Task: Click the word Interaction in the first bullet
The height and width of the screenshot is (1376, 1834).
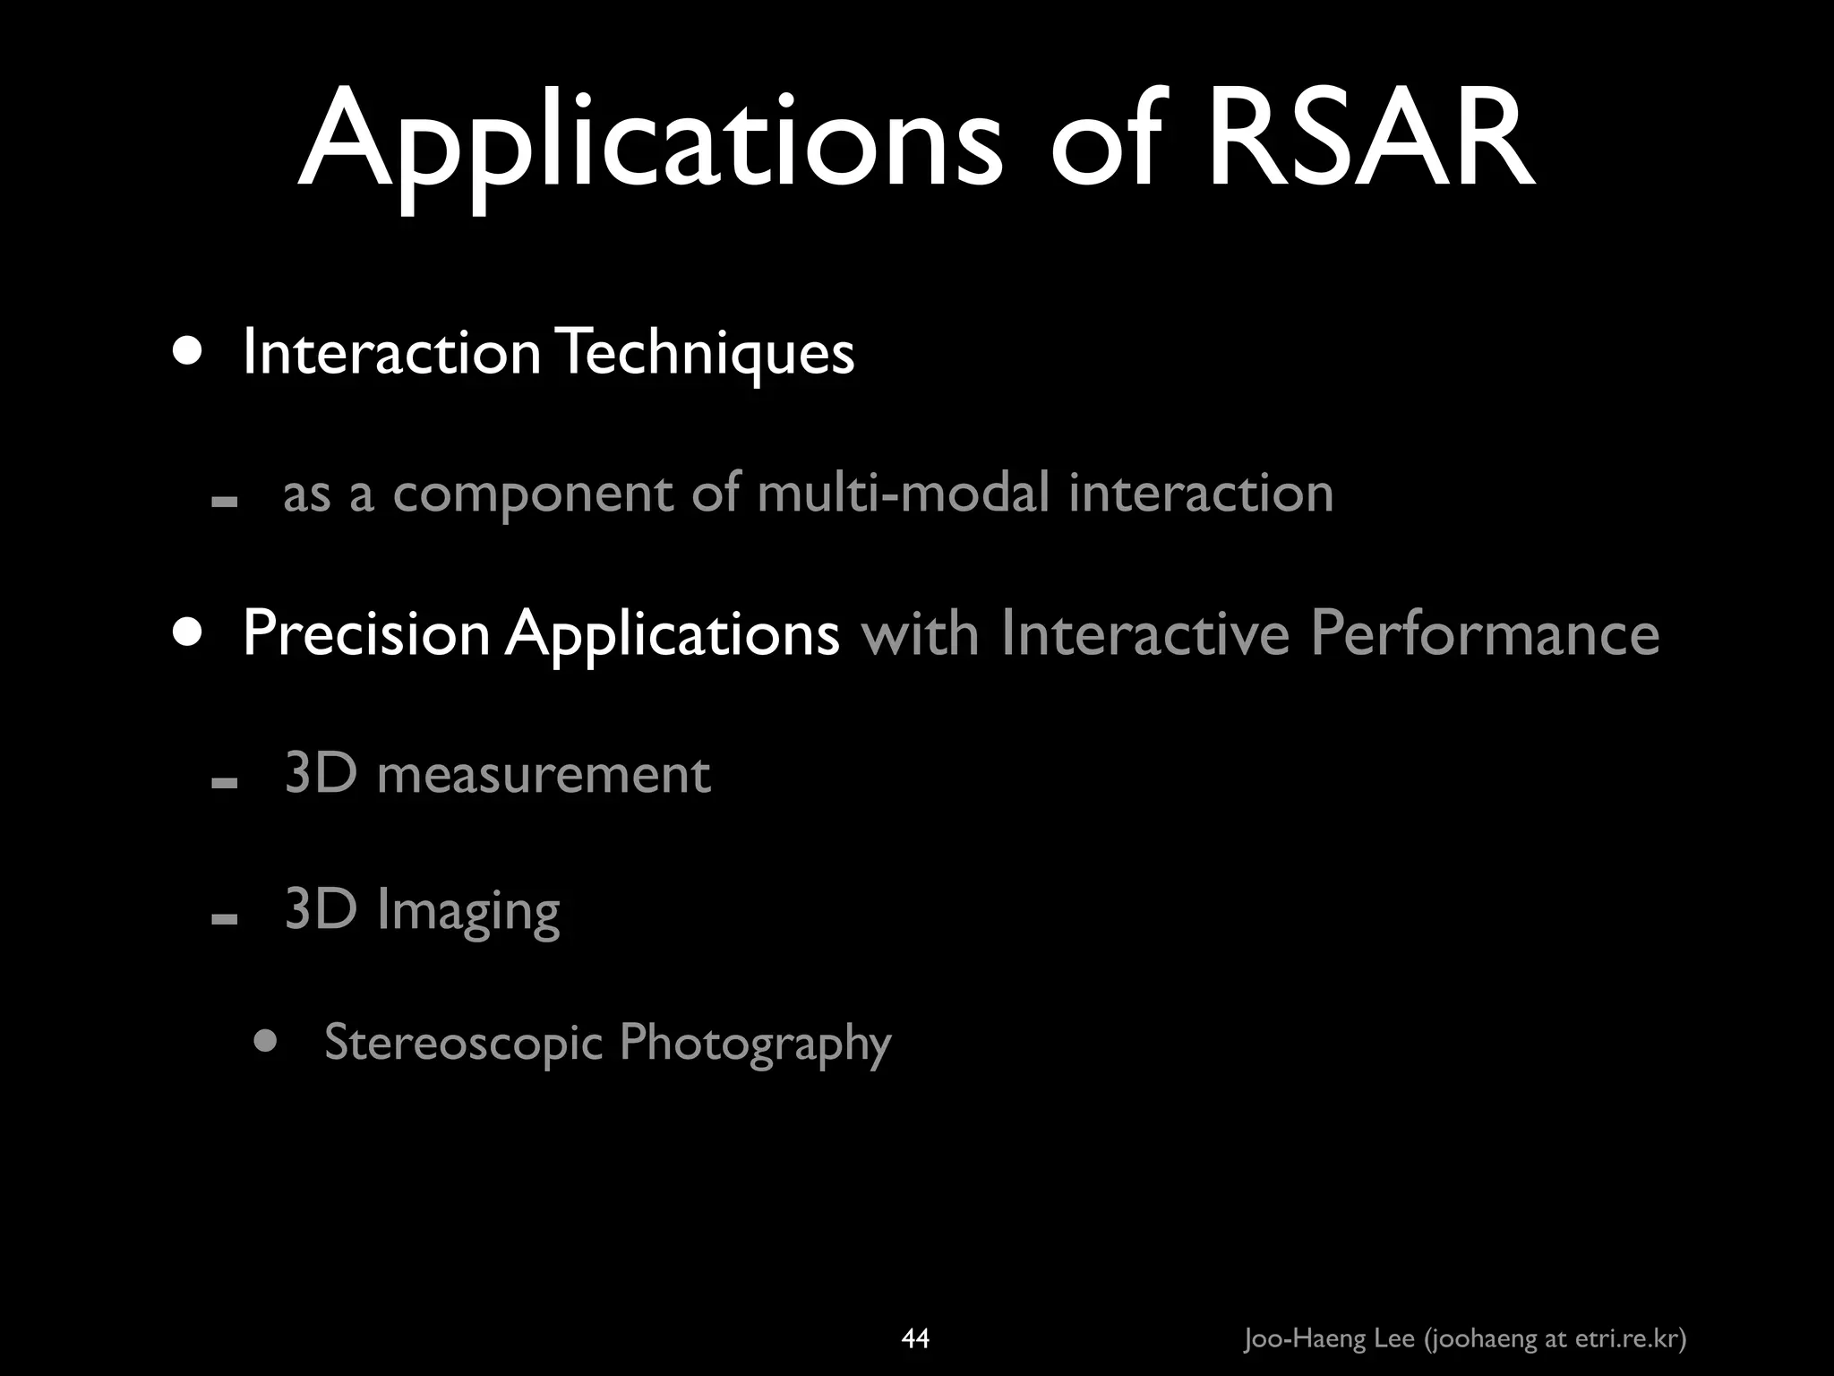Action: (x=391, y=352)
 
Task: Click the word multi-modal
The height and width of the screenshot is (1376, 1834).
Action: (x=903, y=493)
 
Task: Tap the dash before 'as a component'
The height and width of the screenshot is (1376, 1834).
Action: (x=224, y=502)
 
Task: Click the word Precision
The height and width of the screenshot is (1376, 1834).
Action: (x=366, y=633)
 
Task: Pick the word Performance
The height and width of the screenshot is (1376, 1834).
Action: (x=1485, y=633)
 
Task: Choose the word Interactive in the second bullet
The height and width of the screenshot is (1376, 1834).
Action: (x=1144, y=633)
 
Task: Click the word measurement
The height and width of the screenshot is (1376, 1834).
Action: (x=544, y=774)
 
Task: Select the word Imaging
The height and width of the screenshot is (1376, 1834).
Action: (x=467, y=912)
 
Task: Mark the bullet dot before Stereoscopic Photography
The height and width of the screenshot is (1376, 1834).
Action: (x=265, y=1041)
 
